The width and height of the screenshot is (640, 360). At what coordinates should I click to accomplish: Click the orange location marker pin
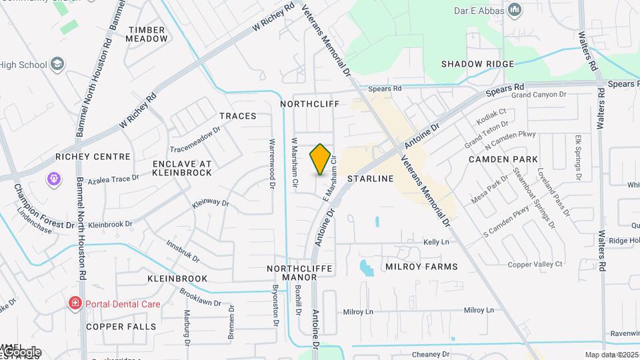coord(320,159)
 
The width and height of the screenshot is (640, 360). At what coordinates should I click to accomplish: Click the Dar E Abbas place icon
coord(514,10)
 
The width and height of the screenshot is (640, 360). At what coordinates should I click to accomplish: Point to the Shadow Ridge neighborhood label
coord(477,64)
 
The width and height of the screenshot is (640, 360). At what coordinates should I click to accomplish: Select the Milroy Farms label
coord(421,267)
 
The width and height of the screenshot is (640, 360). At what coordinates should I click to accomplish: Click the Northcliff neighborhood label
coord(309,104)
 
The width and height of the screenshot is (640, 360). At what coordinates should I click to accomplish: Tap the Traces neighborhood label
coord(237,116)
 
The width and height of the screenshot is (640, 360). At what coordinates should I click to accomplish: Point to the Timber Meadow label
coord(147,34)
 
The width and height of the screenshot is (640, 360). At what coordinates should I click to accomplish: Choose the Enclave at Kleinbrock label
coord(182,168)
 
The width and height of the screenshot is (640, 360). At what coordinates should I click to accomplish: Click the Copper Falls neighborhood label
coord(121,327)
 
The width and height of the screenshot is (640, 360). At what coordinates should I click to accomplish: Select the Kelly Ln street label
coord(437,241)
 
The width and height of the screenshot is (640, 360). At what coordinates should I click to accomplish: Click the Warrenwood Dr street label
coord(272,162)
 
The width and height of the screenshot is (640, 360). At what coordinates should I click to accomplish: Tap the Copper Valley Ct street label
coord(535,265)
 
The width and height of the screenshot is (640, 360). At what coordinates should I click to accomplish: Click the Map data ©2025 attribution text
coord(611,355)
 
